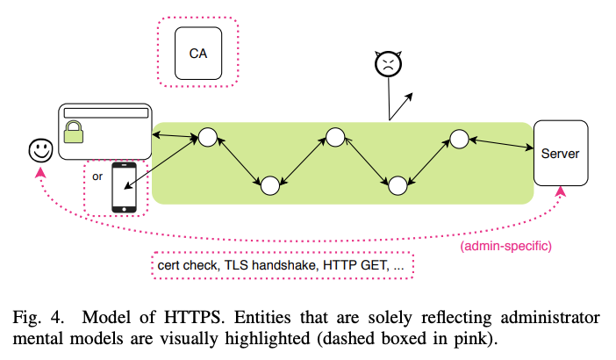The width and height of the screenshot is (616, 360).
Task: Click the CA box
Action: coord(197,53)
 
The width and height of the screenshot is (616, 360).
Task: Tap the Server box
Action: coord(560,154)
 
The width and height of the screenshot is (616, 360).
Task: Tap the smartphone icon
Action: coord(125,187)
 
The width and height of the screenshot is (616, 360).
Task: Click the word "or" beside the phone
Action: coord(97,176)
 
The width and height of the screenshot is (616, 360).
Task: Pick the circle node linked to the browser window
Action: coord(207,137)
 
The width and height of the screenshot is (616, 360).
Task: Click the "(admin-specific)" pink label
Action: coord(505,246)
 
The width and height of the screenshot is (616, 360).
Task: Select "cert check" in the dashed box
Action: coord(187,264)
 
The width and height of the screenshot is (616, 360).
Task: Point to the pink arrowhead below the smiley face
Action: coord(39,173)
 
